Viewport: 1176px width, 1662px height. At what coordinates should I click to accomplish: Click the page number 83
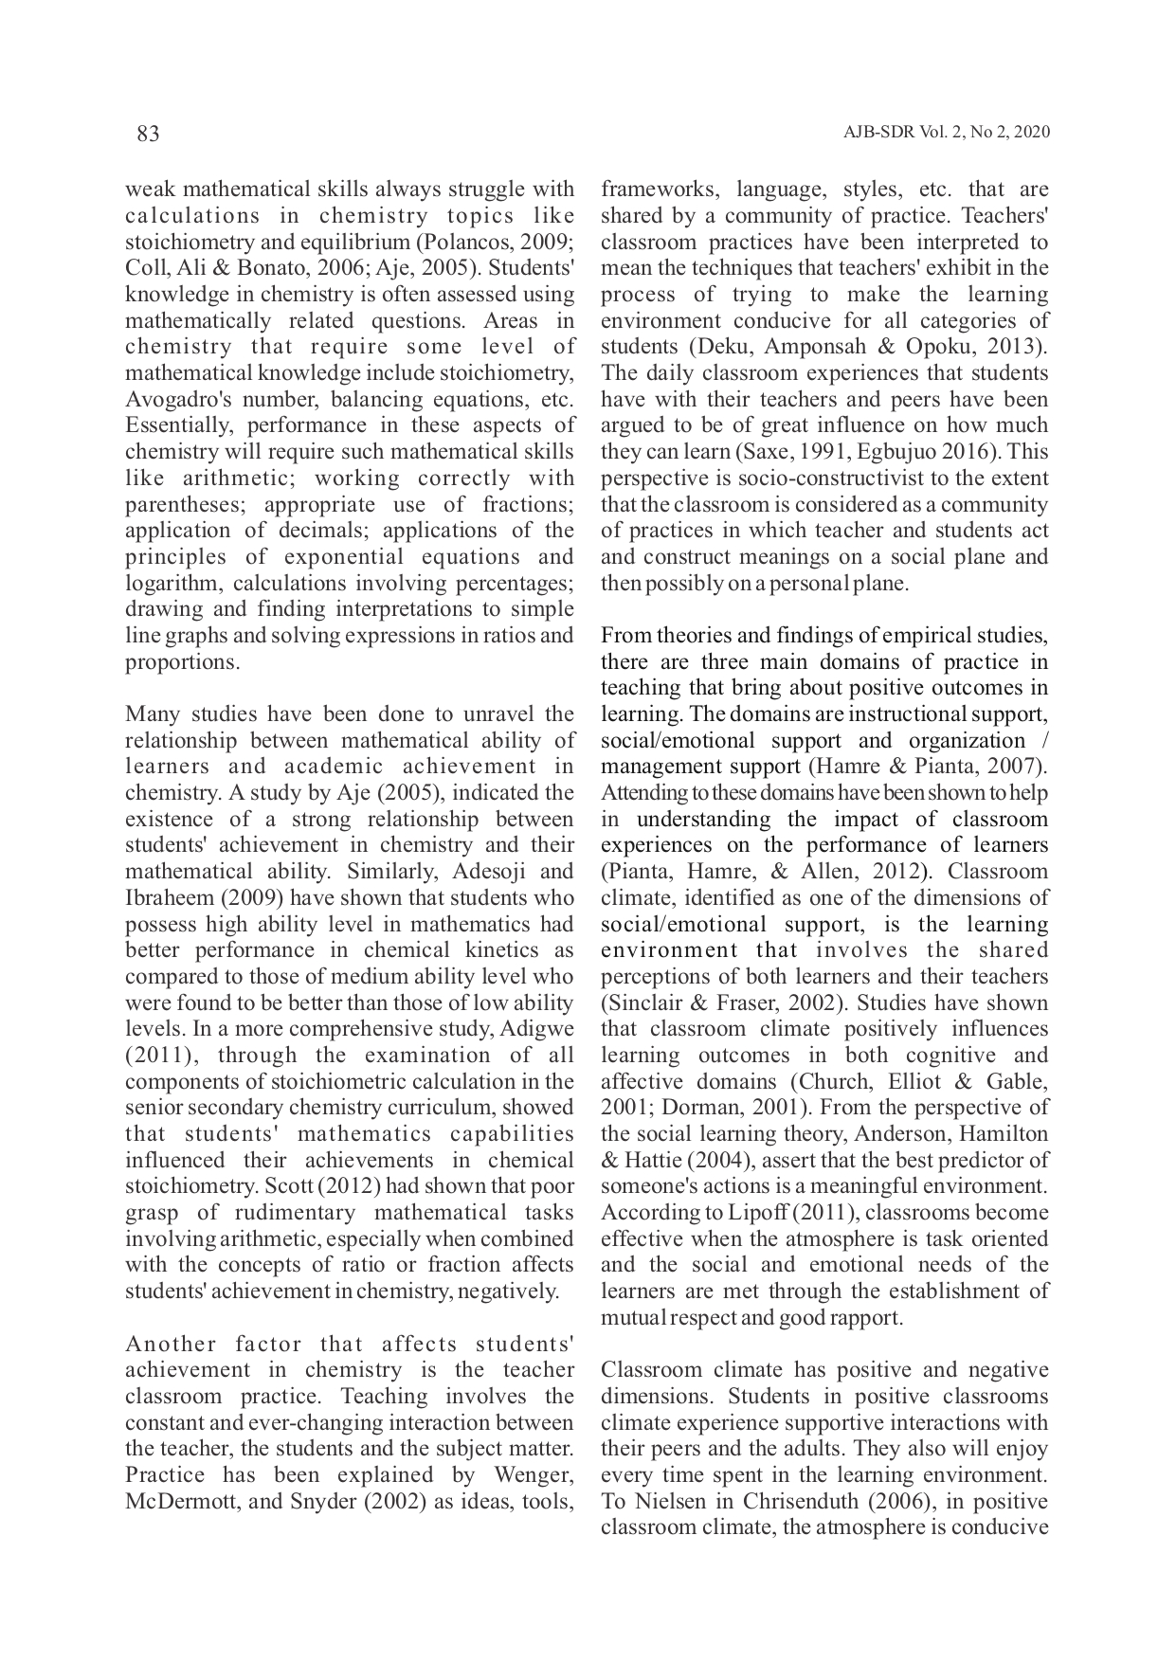148,134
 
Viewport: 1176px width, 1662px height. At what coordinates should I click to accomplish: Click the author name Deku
717,347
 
